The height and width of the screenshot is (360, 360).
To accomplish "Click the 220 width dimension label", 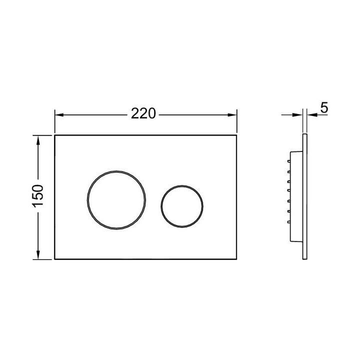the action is tap(143, 113).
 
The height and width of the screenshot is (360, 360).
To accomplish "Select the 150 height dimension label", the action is tap(38, 196).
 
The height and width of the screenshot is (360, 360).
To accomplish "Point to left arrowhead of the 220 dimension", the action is tap(59, 115).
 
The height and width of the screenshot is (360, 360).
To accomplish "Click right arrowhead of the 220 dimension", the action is tap(232, 115).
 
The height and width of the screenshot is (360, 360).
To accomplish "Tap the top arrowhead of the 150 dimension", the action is tap(38, 140).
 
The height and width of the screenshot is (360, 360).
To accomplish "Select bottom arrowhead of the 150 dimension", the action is tap(38, 255).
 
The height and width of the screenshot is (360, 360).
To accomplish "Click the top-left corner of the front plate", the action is tap(54, 135).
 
